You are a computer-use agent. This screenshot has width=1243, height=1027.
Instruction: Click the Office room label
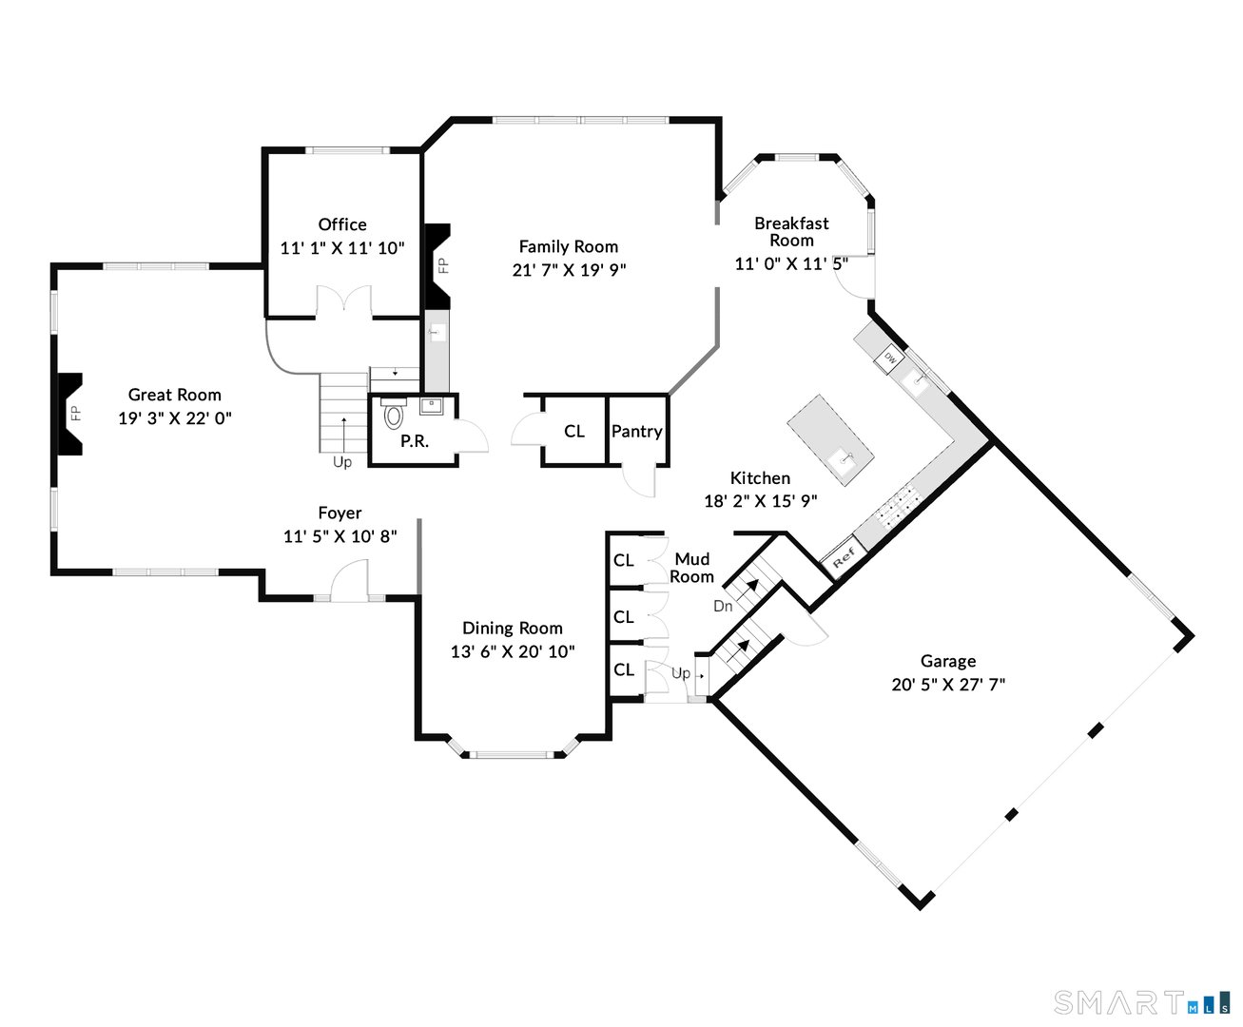point(342,224)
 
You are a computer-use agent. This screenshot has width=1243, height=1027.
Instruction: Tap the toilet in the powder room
point(393,415)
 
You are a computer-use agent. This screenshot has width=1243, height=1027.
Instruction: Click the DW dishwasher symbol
point(890,359)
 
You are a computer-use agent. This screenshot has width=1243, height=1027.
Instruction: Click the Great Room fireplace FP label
point(75,414)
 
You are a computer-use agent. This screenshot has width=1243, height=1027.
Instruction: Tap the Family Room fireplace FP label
point(443,265)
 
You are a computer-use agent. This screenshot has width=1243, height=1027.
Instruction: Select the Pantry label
point(637,431)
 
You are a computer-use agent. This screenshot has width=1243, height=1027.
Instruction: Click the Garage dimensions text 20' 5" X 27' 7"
point(948,685)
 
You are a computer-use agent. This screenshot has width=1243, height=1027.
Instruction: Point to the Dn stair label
point(723,606)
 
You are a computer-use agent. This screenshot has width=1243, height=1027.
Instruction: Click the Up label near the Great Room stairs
point(342,462)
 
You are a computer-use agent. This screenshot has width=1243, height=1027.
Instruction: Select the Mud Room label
point(691,568)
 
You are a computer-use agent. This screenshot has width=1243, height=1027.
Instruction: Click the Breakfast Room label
point(791,232)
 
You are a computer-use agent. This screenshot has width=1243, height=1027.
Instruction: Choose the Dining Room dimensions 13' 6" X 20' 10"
point(513,651)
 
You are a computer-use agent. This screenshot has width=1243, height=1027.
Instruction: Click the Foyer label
point(340,513)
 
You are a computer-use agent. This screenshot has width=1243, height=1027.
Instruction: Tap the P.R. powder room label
point(415,441)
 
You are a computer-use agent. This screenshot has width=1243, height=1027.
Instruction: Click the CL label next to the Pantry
point(574,431)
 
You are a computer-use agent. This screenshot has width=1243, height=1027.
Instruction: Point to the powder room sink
point(431,407)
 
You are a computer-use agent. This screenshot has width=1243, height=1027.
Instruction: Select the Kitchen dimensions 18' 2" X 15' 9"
point(760,501)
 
